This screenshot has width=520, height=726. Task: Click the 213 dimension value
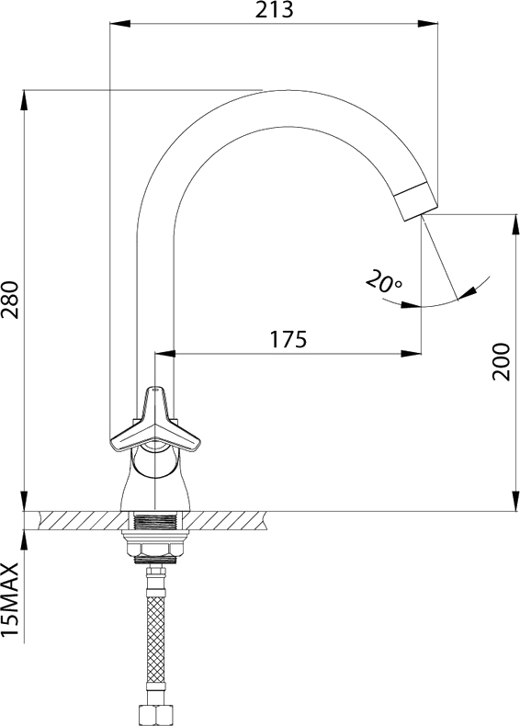pos(274,10)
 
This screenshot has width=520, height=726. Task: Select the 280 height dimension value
pos(10,300)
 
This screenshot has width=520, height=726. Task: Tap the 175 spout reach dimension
pos(288,339)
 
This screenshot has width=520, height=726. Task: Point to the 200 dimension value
pos(501,361)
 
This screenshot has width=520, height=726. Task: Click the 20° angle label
pos(384,281)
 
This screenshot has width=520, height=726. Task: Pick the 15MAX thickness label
pos(10,599)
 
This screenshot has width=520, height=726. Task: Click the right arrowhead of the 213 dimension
pos(428,24)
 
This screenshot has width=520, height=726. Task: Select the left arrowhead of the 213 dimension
pos(120,24)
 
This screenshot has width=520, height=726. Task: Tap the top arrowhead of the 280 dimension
pos(24,100)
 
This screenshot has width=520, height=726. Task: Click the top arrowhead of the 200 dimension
pos(515,224)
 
